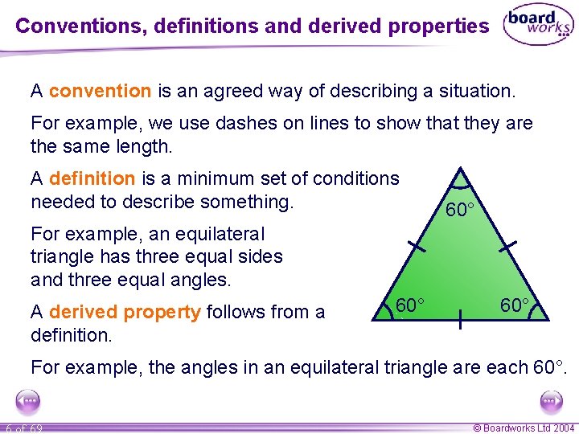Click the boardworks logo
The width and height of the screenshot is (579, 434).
537,26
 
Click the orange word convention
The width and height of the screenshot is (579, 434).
100,91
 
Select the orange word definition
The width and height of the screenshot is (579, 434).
92,178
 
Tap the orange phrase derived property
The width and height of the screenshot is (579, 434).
125,312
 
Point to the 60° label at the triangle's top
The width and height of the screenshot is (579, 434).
460,211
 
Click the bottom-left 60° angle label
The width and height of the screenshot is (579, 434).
410,305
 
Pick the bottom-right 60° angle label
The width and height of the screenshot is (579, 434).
515,305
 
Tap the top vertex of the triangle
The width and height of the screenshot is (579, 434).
460,170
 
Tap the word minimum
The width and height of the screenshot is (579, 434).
216,178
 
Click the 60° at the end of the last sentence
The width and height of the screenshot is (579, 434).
549,368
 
